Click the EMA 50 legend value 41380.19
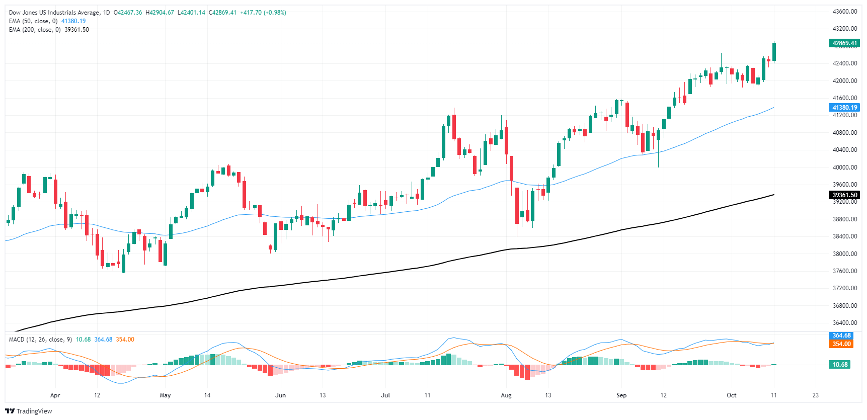(73, 21)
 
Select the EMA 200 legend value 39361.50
(76, 30)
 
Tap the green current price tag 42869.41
(844, 43)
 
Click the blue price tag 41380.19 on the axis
(844, 108)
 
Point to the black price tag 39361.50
(844, 195)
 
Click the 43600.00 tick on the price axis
(845, 12)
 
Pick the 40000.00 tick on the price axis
(845, 167)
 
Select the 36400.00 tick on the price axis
(845, 323)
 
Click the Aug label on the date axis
(506, 395)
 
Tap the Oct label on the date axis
(732, 395)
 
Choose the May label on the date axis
(165, 395)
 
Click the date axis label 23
(816, 395)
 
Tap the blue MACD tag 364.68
(841, 335)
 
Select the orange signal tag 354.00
(841, 344)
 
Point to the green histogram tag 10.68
(840, 365)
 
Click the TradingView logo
(29, 411)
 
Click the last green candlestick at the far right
(774, 52)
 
